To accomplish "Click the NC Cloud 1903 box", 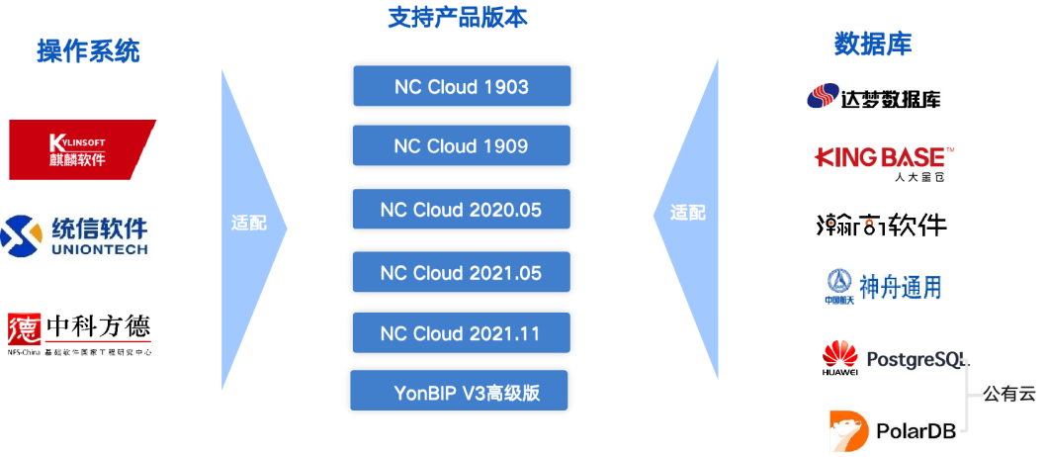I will tap(462, 86).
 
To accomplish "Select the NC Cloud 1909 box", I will tap(462, 145).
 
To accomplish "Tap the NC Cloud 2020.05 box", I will tap(462, 209).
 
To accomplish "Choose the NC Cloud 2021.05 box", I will tap(462, 272).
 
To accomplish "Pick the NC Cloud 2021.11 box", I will tap(462, 332).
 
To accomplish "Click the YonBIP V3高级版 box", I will tap(460, 391).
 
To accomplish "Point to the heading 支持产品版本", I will tap(457, 17).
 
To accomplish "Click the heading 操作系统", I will tap(89, 50).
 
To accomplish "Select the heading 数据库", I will tap(872, 44).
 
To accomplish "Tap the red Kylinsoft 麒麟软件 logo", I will tap(82, 149).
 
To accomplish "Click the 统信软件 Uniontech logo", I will tap(76, 237).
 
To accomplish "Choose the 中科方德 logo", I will tap(80, 334).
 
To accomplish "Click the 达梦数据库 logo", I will tap(873, 97).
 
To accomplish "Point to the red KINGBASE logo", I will tap(884, 156).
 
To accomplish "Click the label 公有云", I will tap(1008, 393).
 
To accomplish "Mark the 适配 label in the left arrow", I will tap(248, 222).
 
